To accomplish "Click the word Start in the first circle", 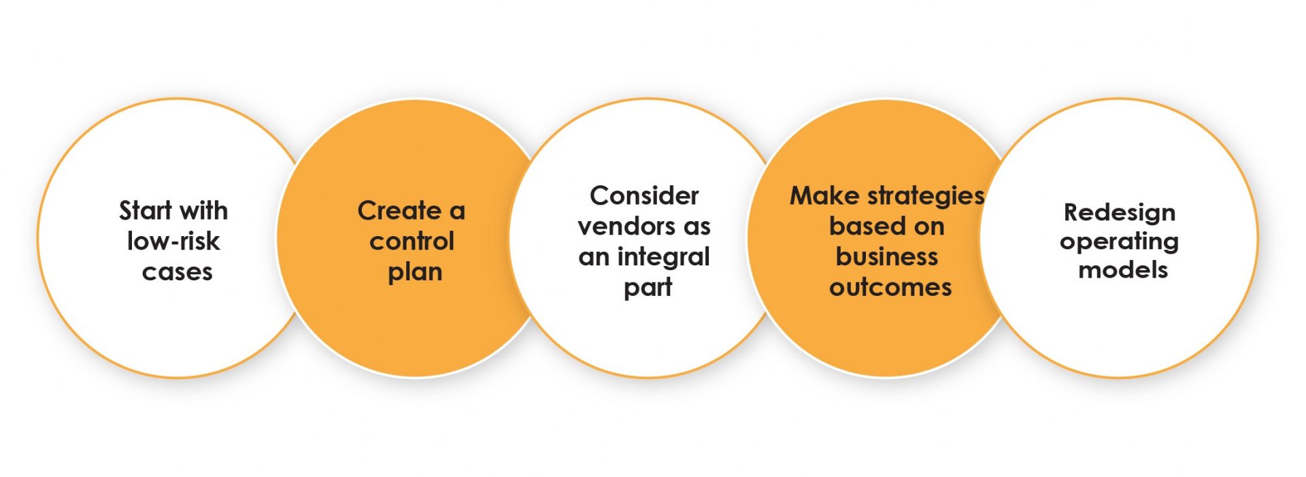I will point(144,211).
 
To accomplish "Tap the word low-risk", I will point(173,241).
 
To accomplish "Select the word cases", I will point(177,272).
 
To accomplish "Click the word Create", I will point(399,211).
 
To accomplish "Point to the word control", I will point(412,241).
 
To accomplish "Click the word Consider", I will point(644,196).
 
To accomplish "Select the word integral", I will point(663,257).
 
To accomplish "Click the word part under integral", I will point(648,288).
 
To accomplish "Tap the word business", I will point(886,257).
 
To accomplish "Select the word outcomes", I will point(890,287).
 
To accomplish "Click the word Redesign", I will point(1119,212).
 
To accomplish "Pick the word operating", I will point(1119,242).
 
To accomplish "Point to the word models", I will point(1123,270).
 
